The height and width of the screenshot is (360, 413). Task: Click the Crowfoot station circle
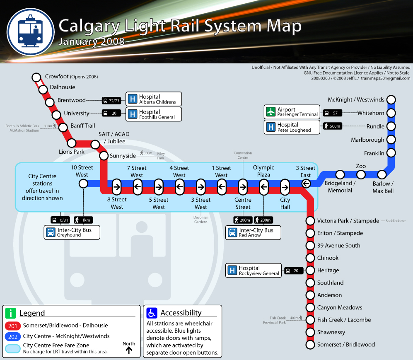pos(36,77)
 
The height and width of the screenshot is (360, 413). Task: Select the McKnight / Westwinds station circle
pos(391,100)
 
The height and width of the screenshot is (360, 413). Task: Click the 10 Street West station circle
pos(83,184)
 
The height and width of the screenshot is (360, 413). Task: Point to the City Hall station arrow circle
pos(285,187)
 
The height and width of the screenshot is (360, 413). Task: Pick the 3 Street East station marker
pos(306,184)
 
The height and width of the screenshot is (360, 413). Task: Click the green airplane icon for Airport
pos(271,112)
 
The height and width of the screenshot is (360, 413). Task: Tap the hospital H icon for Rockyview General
pos(233,271)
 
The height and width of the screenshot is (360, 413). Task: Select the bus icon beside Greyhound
pos(51,232)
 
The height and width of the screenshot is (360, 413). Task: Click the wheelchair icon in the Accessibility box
pos(152,313)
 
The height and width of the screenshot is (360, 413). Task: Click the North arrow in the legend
pos(129,350)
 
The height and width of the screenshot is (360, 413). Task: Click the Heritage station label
pos(328,271)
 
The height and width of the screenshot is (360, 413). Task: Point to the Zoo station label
pos(361,166)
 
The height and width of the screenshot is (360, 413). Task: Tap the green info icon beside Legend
pos(10,313)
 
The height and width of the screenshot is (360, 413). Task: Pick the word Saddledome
pos(396,221)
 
